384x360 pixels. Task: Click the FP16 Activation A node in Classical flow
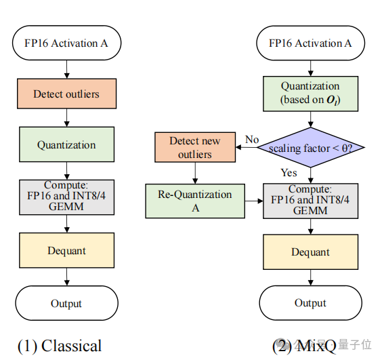(x=66, y=43)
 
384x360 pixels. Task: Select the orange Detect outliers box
(x=66, y=94)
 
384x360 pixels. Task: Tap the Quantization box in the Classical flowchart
(x=66, y=145)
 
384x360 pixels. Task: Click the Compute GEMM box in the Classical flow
(x=66, y=197)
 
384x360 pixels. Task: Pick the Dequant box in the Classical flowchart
(x=66, y=250)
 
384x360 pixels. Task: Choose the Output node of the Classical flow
(x=66, y=303)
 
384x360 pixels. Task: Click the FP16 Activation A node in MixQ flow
(x=310, y=43)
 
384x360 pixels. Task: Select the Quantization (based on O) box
(x=310, y=94)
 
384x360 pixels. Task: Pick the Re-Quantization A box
(x=195, y=201)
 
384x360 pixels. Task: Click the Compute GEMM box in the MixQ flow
(x=310, y=201)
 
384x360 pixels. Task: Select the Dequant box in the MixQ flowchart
(x=310, y=252)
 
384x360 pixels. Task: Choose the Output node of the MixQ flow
(x=310, y=303)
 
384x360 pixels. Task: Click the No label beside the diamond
(x=252, y=140)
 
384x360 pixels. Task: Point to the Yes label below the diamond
(x=289, y=172)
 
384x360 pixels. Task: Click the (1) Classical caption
(x=60, y=346)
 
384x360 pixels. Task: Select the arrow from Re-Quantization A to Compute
(x=254, y=201)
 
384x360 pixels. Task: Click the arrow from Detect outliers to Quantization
(x=66, y=119)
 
